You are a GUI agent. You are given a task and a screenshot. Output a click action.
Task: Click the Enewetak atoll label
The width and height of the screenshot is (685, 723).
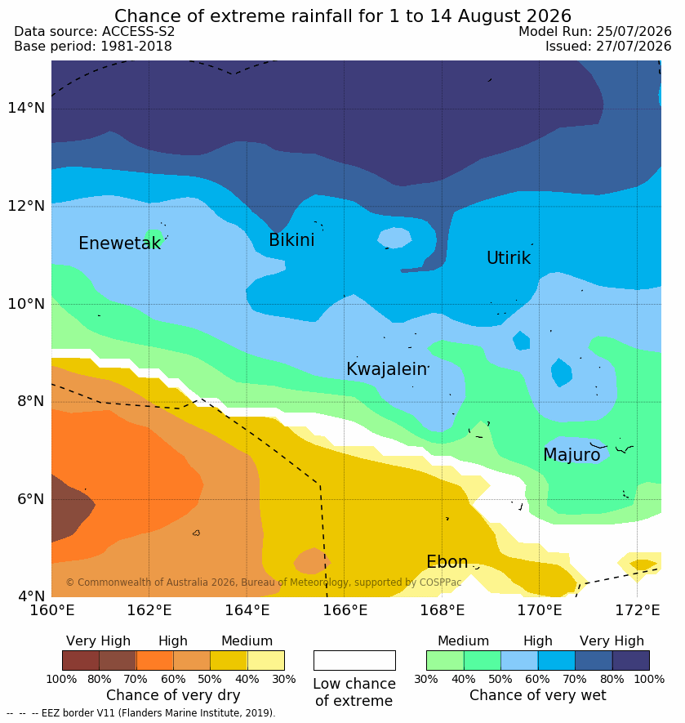tap(120, 243)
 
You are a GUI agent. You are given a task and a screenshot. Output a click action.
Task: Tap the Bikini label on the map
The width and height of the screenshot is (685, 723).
tap(291, 239)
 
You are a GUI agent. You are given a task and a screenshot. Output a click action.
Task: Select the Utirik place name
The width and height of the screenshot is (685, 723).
tap(509, 258)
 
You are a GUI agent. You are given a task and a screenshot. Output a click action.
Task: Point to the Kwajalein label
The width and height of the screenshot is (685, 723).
tap(387, 369)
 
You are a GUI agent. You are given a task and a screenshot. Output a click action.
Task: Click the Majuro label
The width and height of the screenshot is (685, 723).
tap(572, 455)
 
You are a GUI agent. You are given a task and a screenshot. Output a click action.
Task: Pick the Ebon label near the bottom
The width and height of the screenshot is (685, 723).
tap(447, 561)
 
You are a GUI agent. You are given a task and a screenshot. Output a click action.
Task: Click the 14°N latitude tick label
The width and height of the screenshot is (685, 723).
tap(26, 108)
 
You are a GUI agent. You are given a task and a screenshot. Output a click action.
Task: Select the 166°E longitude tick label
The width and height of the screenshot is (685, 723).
tap(345, 610)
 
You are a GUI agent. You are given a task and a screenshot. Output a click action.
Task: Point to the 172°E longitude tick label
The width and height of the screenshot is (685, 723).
tap(638, 610)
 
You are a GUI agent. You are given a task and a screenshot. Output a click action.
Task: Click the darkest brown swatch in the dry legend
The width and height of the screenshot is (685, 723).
tap(81, 660)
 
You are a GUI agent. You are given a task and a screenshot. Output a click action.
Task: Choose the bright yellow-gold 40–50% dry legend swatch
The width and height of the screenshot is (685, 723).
tap(229, 660)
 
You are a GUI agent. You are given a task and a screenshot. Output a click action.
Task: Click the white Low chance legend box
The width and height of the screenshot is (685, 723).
tap(354, 660)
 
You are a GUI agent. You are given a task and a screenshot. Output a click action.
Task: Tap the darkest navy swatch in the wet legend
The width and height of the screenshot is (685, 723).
tap(631, 660)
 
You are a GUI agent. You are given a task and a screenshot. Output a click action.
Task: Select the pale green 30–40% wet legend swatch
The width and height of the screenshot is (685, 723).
tap(445, 660)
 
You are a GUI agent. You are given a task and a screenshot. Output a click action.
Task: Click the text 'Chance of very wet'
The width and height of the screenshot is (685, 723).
tap(537, 695)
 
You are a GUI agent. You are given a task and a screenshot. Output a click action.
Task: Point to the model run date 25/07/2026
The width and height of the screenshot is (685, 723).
tap(634, 31)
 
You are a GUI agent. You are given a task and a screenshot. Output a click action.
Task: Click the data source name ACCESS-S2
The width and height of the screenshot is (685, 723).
tap(138, 31)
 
